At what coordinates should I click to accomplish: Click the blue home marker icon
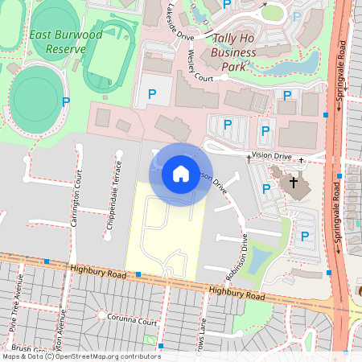point(181,174)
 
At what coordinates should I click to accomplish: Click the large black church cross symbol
point(294,183)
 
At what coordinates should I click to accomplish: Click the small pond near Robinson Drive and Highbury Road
point(259,259)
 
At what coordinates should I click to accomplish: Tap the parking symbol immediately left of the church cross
point(266,188)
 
